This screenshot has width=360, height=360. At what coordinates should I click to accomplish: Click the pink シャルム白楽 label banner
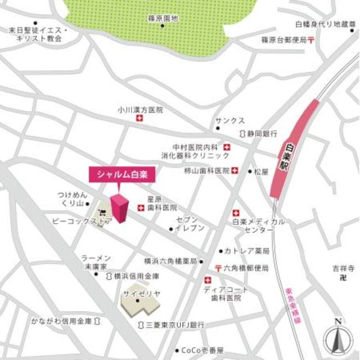pos(121,175)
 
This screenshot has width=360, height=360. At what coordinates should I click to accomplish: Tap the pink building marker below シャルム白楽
pos(120,209)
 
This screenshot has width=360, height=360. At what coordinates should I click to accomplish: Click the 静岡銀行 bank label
pos(263,134)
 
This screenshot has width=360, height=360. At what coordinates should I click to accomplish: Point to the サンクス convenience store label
pos(229,121)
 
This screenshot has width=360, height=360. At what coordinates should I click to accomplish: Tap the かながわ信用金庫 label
pos(62,321)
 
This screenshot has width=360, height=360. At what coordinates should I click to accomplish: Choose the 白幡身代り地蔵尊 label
pos(326,25)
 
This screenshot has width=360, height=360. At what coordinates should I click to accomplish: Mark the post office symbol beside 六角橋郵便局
pos(217,268)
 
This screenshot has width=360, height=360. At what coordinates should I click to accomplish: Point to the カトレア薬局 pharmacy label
pos(246,250)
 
